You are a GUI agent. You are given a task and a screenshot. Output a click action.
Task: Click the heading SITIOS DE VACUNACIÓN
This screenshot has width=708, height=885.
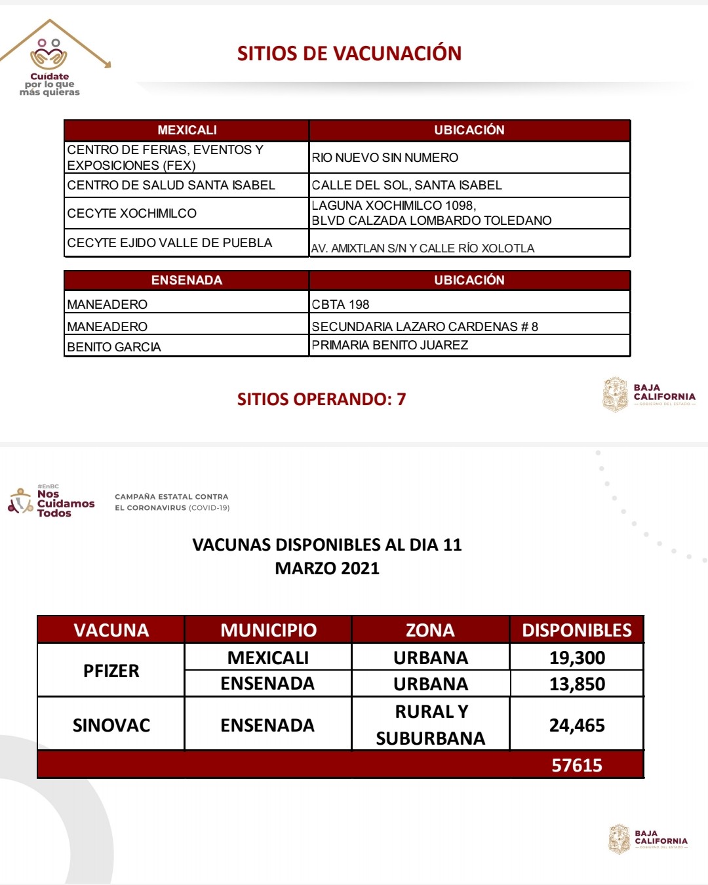[349, 53]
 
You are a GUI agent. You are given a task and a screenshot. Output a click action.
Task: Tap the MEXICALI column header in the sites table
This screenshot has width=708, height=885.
[187, 130]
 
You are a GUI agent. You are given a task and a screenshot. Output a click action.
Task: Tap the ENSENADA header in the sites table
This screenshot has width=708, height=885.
[187, 280]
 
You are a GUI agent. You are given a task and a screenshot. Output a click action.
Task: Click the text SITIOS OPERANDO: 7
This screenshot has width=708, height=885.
[321, 399]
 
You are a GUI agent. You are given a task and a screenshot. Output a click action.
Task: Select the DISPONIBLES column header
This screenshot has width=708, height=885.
[577, 630]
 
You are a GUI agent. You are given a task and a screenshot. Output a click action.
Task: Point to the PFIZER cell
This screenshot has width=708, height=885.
[111, 671]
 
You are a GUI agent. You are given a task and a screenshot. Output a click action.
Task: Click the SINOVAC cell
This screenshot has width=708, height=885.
[111, 725]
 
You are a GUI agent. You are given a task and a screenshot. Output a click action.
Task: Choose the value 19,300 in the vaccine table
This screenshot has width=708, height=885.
[577, 658]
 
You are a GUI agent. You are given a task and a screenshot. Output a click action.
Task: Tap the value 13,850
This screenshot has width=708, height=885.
[577, 684]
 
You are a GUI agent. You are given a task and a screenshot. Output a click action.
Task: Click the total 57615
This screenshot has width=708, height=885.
[577, 765]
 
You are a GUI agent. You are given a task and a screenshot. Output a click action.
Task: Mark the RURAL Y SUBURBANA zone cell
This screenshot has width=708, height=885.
[431, 724]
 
